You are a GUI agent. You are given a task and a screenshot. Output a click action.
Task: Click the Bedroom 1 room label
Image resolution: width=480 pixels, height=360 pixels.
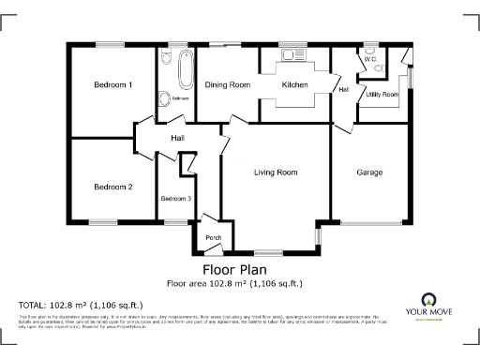click(x=112, y=85)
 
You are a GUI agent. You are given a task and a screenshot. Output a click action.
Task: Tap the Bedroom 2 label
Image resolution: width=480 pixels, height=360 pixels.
click(x=112, y=187)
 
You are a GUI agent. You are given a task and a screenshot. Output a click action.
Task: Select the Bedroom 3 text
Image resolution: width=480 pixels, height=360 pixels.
click(x=175, y=199)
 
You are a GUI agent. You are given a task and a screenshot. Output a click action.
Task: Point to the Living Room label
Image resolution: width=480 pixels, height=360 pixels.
click(x=276, y=172)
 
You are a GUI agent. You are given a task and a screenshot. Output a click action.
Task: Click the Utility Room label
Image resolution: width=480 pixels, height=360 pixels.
click(x=382, y=95)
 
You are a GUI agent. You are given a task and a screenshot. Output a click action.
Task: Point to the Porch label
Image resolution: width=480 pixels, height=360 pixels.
click(x=213, y=236)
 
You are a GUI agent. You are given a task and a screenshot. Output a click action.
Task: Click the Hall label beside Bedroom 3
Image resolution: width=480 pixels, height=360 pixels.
click(x=177, y=139)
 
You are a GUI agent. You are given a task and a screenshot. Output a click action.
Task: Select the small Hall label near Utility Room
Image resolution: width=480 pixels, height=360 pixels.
click(x=344, y=90)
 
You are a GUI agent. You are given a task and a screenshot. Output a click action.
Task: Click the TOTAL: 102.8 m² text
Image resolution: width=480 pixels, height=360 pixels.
click(x=81, y=305)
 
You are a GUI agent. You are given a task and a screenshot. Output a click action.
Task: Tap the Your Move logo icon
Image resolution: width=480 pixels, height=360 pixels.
click(x=429, y=300)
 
